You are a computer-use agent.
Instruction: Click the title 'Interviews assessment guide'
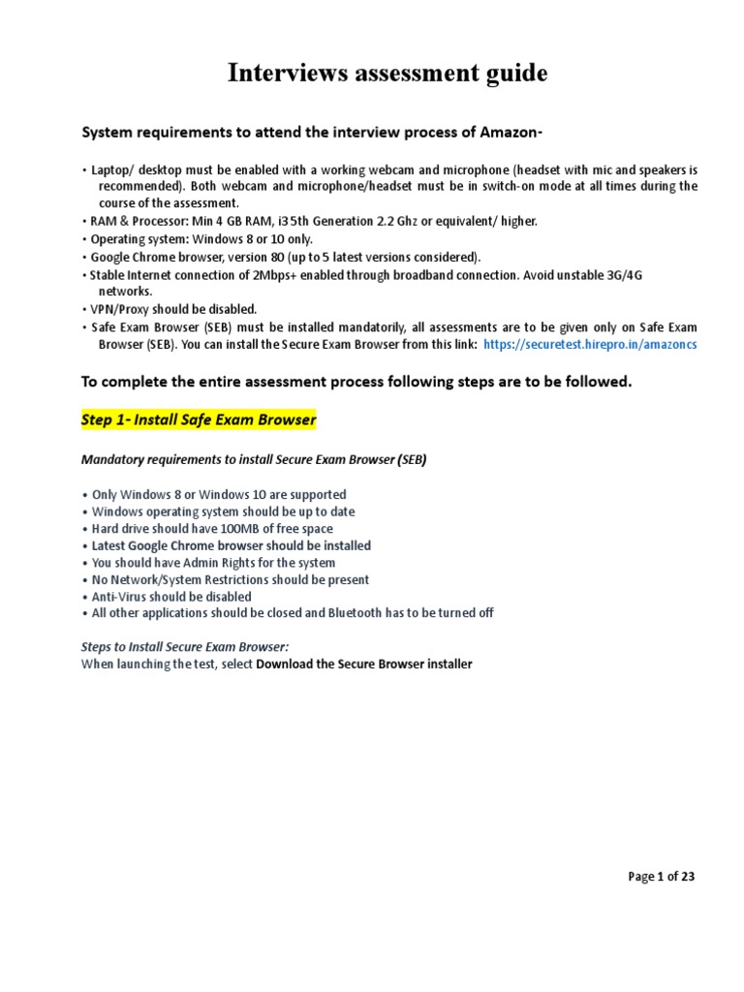pyautogui.click(x=387, y=74)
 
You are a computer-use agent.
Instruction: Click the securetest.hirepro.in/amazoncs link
pyautogui.click(x=589, y=344)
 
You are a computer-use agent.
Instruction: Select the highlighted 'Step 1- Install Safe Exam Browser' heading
pyautogui.click(x=199, y=420)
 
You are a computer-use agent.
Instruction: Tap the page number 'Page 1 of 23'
pyautogui.click(x=661, y=877)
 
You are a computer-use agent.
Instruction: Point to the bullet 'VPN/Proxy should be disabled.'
pyautogui.click(x=173, y=309)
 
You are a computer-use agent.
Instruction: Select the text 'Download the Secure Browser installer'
pyautogui.click(x=363, y=665)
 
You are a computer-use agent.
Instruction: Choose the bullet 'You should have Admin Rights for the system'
pyautogui.click(x=213, y=563)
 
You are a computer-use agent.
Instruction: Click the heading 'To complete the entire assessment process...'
pyautogui.click(x=356, y=383)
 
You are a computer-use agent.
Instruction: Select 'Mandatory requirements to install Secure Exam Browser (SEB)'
pyautogui.click(x=253, y=460)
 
